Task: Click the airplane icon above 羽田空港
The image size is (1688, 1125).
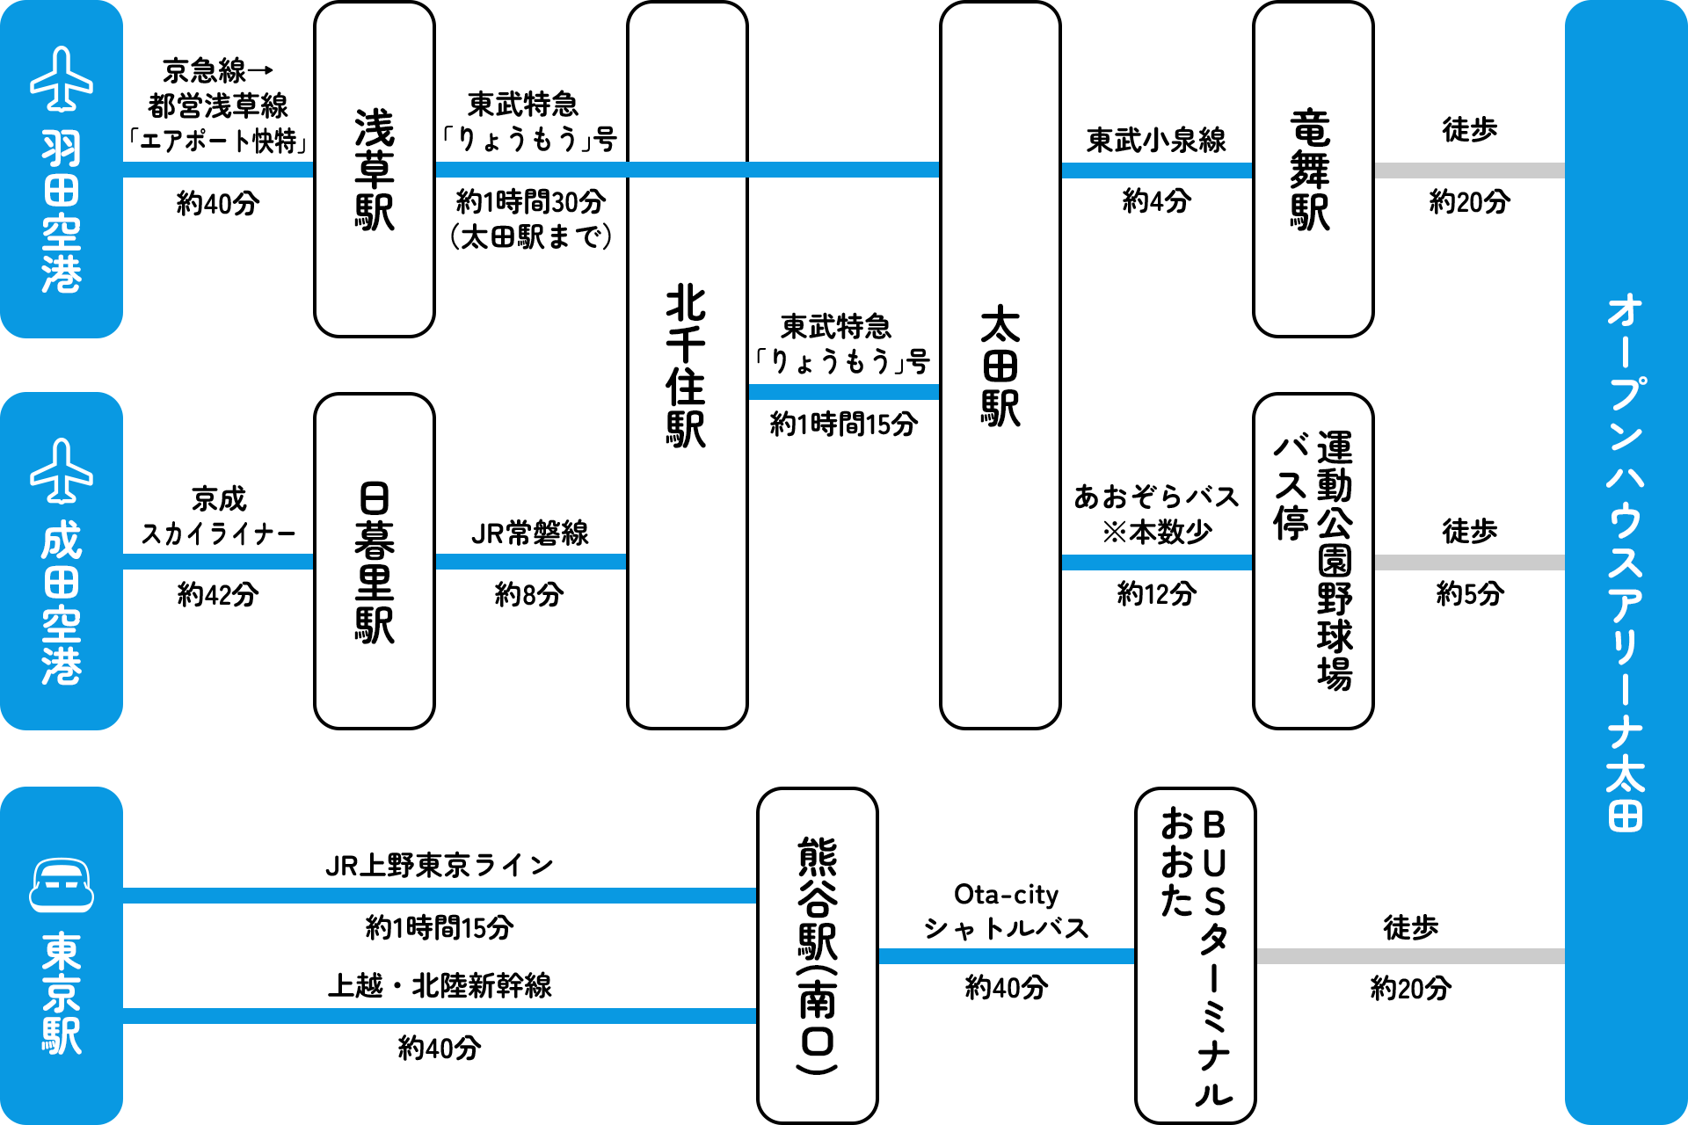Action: [x=62, y=79]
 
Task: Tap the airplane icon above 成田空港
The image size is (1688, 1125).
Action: [x=62, y=471]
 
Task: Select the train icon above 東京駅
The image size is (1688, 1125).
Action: [x=62, y=885]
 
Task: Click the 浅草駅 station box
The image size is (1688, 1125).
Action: [x=375, y=169]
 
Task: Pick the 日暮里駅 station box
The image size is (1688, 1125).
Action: [x=375, y=561]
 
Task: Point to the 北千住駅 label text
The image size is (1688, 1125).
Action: [x=687, y=366]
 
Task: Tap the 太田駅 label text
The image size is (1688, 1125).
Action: [x=1000, y=366]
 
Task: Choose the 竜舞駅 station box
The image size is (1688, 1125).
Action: [x=1313, y=169]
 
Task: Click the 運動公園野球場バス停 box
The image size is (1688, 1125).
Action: [x=1313, y=561]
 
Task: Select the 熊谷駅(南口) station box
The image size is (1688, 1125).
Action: [x=818, y=955]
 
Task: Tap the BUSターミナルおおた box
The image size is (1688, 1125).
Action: [x=1196, y=955]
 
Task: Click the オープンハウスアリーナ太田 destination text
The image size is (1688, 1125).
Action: [x=1626, y=562]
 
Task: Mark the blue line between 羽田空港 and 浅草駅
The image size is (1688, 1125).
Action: [x=218, y=170]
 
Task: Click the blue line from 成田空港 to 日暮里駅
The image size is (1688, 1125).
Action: [x=218, y=562]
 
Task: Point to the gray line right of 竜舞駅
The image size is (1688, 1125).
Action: [x=1469, y=171]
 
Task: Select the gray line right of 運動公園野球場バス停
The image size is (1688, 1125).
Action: [x=1469, y=562]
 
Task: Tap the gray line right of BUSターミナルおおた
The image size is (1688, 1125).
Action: [x=1410, y=956]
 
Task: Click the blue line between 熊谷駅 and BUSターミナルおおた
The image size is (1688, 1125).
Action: [x=1006, y=956]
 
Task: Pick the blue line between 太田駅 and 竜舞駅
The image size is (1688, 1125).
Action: [x=1156, y=171]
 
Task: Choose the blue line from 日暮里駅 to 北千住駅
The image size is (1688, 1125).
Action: [x=530, y=562]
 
